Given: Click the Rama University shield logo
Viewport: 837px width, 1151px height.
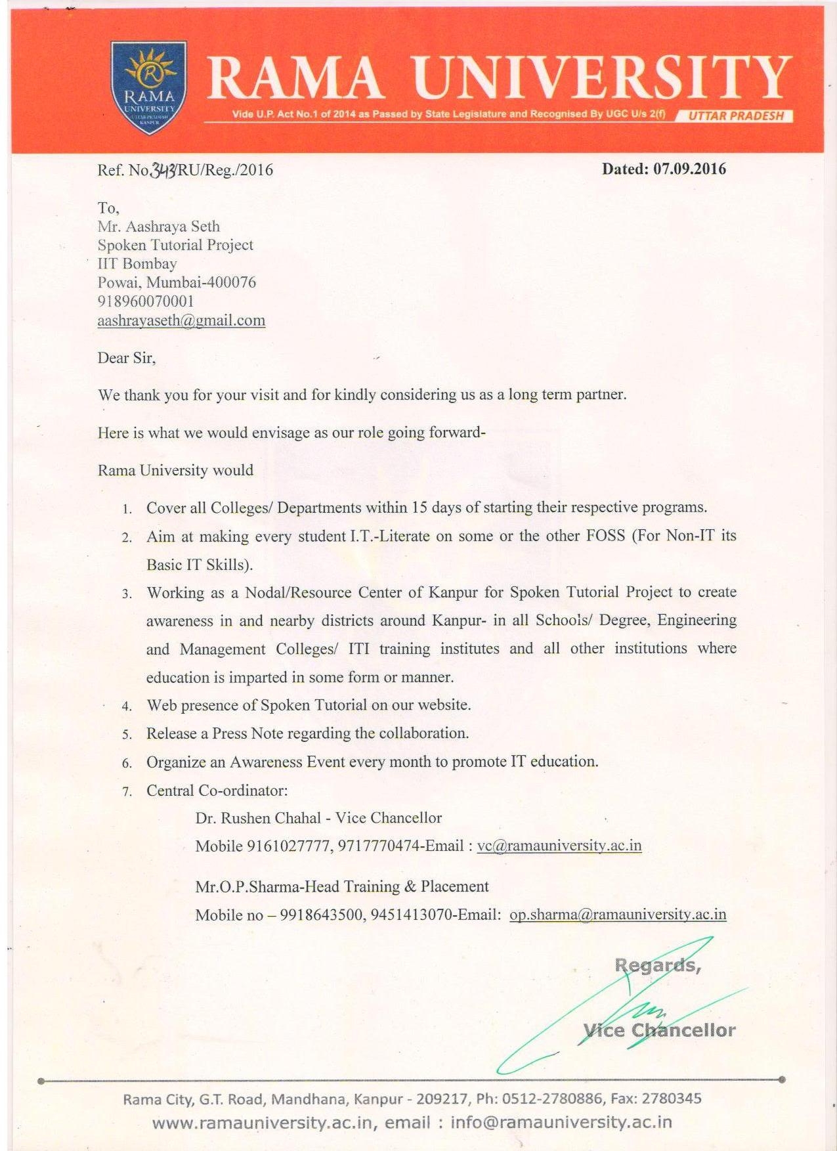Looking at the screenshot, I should [x=150, y=88].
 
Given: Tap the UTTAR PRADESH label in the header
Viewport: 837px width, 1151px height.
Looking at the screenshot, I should [x=736, y=116].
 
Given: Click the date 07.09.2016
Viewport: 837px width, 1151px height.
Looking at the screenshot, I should [x=689, y=169].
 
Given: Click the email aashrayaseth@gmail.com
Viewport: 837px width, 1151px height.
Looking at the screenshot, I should [x=181, y=320].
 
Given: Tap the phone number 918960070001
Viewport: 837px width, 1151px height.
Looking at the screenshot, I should [x=146, y=301].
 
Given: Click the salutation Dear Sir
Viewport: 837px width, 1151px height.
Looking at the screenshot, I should [x=126, y=358].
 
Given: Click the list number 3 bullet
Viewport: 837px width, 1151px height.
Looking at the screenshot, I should [x=127, y=594].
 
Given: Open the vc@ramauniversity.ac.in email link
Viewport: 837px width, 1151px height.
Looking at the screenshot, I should [x=559, y=846].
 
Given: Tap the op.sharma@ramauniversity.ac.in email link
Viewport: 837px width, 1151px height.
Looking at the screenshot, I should [x=618, y=915].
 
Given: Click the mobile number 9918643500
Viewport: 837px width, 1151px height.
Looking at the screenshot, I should [x=321, y=915].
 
